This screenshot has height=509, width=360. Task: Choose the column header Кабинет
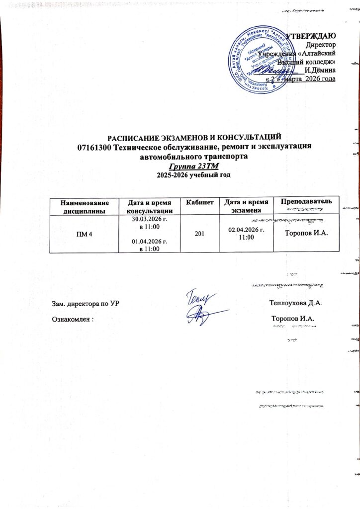pos(199,202)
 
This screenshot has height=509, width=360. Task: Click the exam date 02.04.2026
pos(246,230)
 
